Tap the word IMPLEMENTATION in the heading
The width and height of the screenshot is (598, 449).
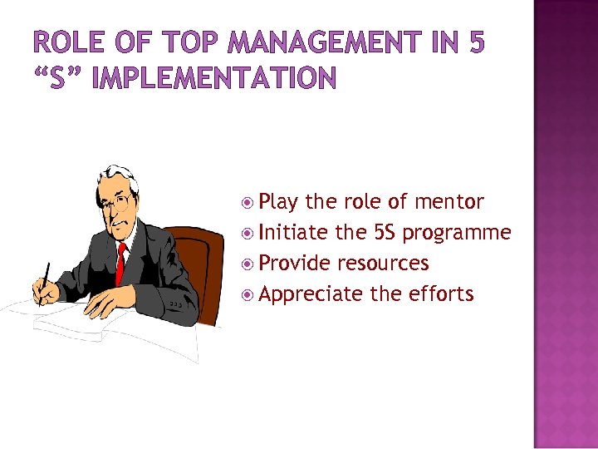pos(216,79)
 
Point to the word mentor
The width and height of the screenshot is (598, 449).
pos(448,202)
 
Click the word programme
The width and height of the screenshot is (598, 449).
pos(457,234)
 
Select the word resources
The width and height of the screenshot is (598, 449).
pos(383,264)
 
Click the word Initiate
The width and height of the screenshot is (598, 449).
pos(294,233)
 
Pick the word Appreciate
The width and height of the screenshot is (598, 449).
pos(311,294)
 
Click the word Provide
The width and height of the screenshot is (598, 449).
pos(296,264)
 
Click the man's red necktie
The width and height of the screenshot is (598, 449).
pos(121,263)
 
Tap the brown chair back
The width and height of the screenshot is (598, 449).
pos(208,266)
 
